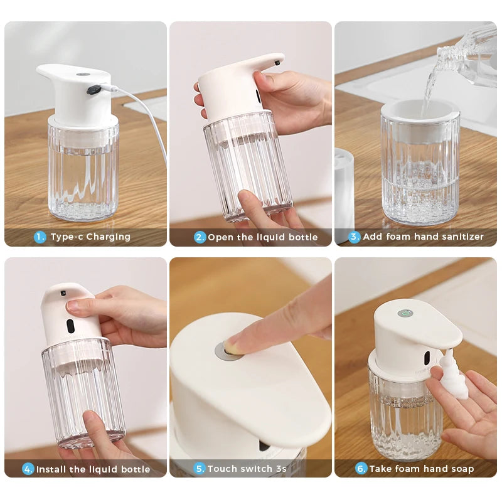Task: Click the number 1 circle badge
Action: point(40,237)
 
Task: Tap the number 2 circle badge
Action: point(200,237)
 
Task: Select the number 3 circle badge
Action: point(355,237)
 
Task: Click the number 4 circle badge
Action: point(28,469)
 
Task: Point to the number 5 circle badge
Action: point(200,468)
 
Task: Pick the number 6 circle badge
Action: point(361,468)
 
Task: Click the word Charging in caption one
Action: point(108,237)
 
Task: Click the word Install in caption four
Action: point(51,469)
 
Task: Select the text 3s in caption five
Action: point(280,468)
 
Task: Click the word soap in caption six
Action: point(462,468)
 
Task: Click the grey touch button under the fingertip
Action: point(227,351)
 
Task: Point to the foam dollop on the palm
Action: point(453,376)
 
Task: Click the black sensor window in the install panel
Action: point(70,326)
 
